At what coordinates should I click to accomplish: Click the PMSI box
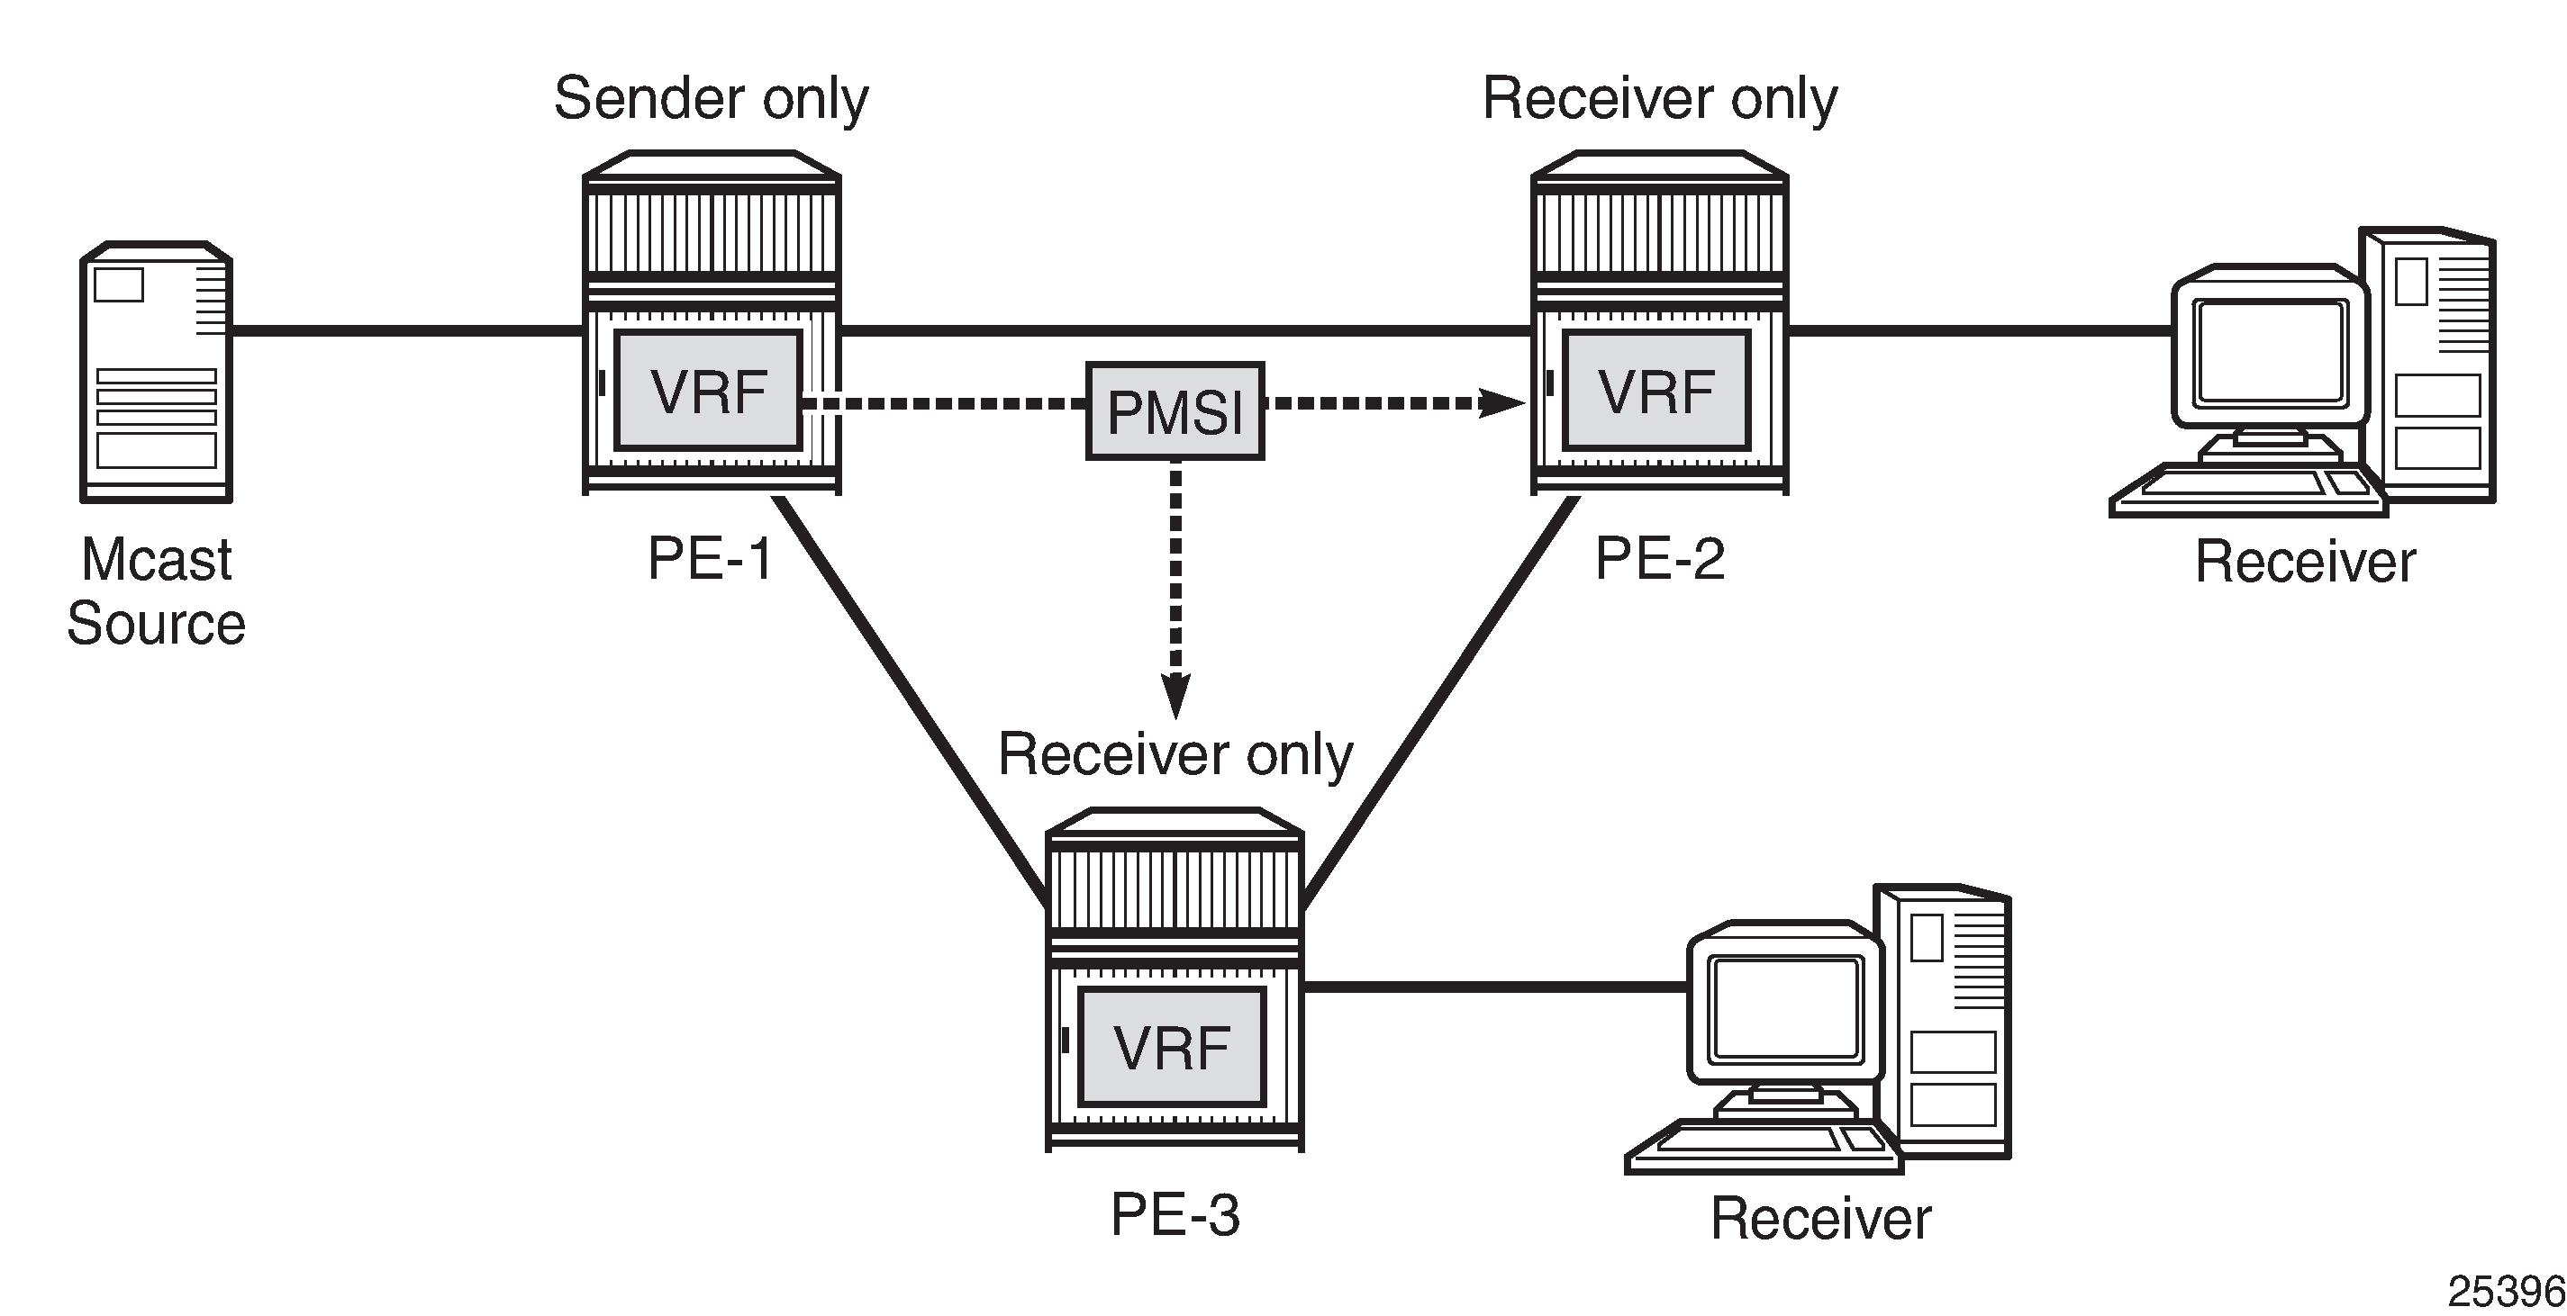click(1175, 410)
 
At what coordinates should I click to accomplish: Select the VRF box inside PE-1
click(709, 391)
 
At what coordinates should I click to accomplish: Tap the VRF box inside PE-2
click(1656, 391)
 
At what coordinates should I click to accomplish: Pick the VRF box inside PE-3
click(1172, 1046)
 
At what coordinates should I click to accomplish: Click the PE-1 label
click(710, 558)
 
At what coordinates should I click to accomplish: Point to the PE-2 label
click(1659, 558)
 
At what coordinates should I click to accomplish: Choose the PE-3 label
click(1175, 1214)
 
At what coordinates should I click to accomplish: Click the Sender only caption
click(712, 99)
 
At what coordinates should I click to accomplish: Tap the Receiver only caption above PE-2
click(1659, 99)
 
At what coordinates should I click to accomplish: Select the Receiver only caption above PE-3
click(1175, 754)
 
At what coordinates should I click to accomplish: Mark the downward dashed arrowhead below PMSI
click(1176, 694)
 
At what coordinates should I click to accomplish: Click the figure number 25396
click(2505, 1291)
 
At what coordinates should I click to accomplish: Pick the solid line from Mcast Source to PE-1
click(406, 329)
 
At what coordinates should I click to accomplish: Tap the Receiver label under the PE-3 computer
click(1820, 1219)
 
